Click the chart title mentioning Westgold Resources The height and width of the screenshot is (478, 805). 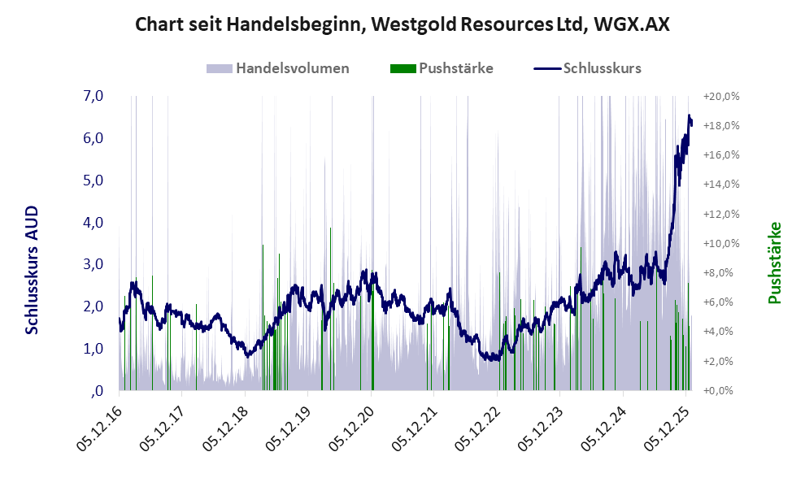pos(402,24)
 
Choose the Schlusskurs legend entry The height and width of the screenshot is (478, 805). pos(602,68)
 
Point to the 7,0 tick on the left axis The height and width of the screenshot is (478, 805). pos(93,96)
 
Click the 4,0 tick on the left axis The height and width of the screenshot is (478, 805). pos(93,222)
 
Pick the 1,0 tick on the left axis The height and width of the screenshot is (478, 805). pos(93,349)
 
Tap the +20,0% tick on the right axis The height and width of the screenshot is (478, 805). pos(721,96)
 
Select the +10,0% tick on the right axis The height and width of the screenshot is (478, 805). pos(721,243)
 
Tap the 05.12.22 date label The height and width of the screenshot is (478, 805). pos(476,424)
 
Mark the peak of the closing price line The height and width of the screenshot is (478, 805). pos(690,116)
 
